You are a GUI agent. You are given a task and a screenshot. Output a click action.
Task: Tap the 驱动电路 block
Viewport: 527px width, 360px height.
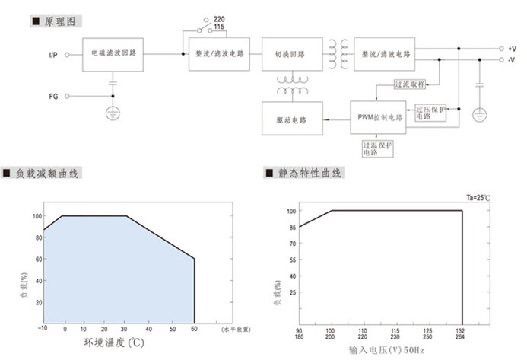coord(291,119)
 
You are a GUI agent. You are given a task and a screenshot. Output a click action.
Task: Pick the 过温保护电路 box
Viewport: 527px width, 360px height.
coord(377,148)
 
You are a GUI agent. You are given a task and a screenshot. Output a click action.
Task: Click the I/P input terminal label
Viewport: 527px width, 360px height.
coord(53,54)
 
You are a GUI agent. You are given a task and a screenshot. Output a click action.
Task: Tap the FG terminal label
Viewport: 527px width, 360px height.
coord(52,96)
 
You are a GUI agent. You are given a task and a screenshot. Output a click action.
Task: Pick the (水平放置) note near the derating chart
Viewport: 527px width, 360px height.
coord(236,329)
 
